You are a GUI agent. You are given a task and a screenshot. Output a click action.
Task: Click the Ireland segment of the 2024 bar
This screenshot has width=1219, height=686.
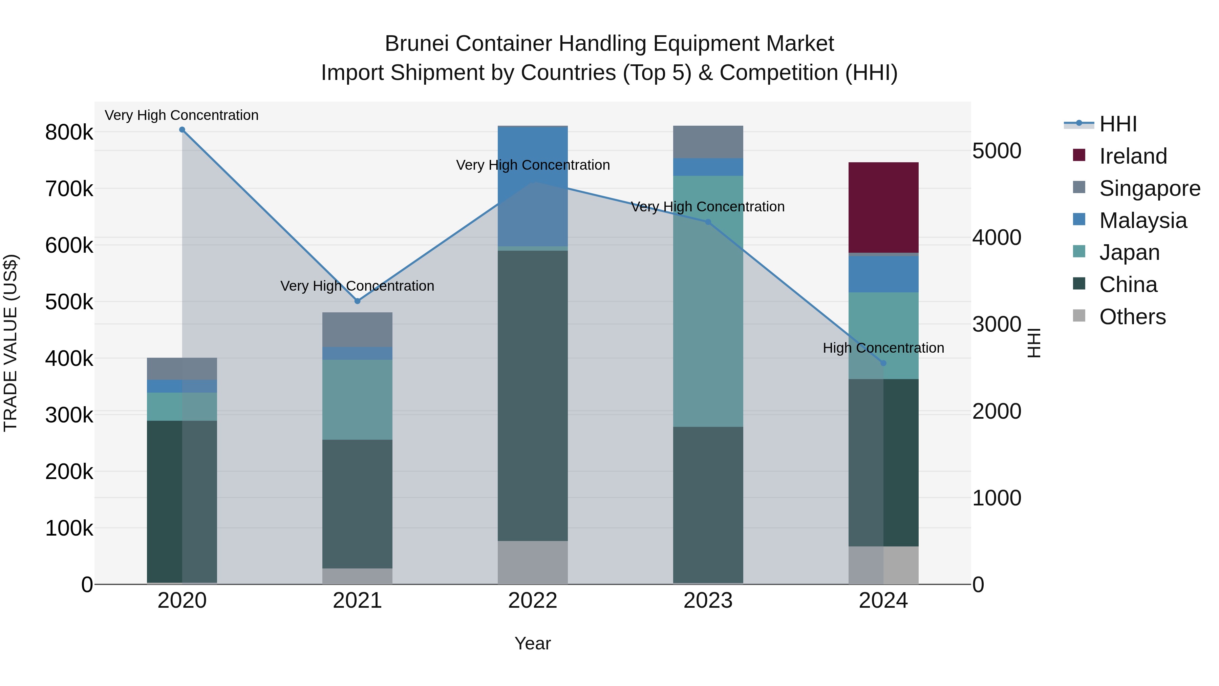[883, 207]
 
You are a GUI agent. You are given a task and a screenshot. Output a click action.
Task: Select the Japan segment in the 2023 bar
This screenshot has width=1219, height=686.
[708, 301]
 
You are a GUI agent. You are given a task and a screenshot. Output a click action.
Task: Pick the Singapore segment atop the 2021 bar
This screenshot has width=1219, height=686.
[357, 330]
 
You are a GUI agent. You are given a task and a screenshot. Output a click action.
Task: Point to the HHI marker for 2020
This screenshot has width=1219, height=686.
[182, 130]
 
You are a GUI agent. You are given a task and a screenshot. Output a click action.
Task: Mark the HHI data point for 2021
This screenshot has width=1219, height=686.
[357, 301]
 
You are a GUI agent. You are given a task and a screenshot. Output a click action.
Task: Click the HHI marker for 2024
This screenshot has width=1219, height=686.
[883, 363]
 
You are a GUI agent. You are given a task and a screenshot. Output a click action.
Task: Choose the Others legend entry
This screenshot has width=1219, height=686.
[1132, 317]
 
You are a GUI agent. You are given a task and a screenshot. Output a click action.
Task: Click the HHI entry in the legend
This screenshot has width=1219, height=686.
[1118, 124]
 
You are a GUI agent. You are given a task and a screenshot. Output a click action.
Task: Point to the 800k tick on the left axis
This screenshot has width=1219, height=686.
[69, 132]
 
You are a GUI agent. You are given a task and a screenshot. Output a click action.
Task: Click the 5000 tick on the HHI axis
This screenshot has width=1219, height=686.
[997, 151]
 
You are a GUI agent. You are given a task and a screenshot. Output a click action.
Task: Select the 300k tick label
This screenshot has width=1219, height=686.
[69, 415]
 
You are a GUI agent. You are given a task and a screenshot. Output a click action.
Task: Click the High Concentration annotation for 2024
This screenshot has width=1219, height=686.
[883, 348]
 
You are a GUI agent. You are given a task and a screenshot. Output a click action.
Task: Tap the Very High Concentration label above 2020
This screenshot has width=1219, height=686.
[182, 116]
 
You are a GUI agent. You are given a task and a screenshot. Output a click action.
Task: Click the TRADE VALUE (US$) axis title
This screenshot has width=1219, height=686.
[10, 343]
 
